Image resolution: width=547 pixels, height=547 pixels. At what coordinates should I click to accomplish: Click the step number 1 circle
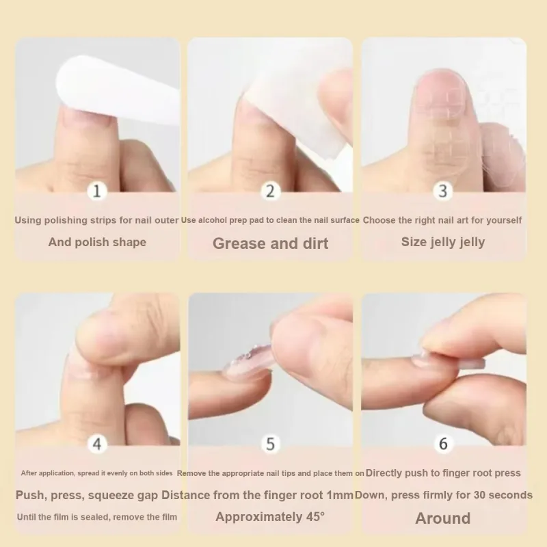click(96, 191)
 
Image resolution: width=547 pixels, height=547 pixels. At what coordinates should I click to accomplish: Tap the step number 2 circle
click(270, 191)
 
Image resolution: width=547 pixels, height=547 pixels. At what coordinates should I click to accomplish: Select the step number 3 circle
click(443, 191)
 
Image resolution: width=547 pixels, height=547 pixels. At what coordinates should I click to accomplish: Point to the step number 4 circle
click(96, 444)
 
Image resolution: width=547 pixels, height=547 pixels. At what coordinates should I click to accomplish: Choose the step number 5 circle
click(270, 444)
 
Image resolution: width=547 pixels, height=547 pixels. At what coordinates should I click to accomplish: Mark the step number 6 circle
click(443, 444)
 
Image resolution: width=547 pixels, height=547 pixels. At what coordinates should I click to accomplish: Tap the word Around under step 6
click(443, 518)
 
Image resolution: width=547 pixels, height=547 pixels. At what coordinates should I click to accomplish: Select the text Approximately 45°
click(270, 517)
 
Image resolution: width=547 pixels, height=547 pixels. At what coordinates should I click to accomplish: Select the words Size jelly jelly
click(443, 242)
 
